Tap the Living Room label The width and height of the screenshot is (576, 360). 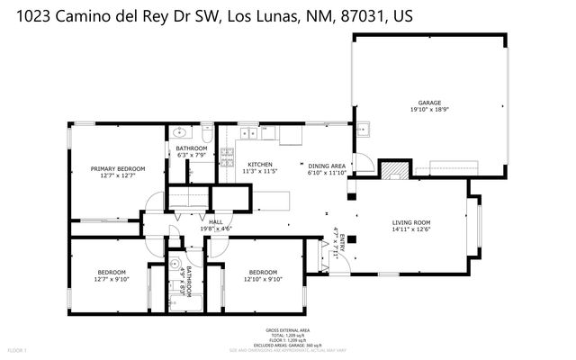(411, 222)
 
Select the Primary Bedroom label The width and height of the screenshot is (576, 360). (118, 168)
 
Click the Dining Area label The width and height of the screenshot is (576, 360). (327, 166)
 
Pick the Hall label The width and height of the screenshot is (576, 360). (215, 221)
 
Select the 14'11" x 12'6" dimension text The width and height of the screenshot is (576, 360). (411, 229)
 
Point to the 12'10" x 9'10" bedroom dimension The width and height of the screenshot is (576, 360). (264, 279)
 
